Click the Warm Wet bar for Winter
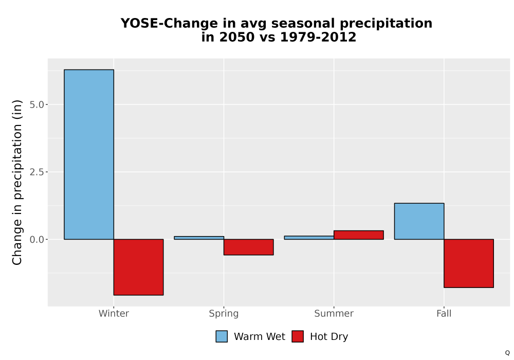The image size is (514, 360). [x=89, y=154]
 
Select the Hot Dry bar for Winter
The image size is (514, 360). [x=138, y=267]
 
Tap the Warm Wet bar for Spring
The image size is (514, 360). [x=199, y=238]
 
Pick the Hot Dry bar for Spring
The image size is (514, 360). [x=248, y=247]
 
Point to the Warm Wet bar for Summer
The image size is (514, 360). [x=309, y=238]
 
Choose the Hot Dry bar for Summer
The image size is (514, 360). [x=359, y=235]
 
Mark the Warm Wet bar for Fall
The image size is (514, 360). [x=419, y=221]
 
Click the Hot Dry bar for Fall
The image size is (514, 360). [x=469, y=263]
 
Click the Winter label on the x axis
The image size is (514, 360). [x=114, y=313]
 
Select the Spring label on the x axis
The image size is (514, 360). [x=224, y=314]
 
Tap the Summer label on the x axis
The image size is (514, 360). [x=334, y=313]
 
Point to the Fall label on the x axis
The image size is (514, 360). [x=444, y=313]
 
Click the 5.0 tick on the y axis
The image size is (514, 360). [x=36, y=104]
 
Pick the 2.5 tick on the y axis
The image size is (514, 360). [x=36, y=172]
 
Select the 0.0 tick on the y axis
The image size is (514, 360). [x=36, y=239]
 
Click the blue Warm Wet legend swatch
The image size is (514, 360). [x=222, y=336]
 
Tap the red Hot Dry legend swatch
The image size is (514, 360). [x=298, y=336]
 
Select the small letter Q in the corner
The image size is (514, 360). [x=507, y=353]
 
